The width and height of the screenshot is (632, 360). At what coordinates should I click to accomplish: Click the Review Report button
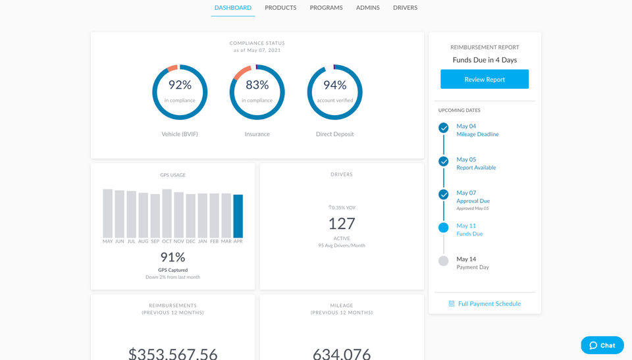tap(485, 80)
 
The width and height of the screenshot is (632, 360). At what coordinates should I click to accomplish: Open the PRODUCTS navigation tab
tap(280, 8)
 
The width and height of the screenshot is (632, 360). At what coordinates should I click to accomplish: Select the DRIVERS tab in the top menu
tap(405, 8)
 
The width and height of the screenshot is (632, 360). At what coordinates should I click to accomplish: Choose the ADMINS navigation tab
tap(367, 8)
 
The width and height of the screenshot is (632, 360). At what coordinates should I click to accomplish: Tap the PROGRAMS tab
tap(326, 8)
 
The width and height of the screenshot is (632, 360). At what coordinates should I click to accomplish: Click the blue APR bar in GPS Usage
tap(238, 216)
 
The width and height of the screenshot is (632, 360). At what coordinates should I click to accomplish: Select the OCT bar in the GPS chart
tap(167, 213)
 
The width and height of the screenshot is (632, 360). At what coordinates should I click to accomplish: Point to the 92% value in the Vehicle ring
tap(180, 85)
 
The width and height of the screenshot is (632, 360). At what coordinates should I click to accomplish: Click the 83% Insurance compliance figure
tap(257, 85)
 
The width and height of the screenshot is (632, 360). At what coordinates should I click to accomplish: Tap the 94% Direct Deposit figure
tap(334, 85)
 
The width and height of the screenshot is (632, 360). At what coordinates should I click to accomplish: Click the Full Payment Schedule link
tap(489, 304)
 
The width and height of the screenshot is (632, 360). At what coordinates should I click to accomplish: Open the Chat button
tap(602, 346)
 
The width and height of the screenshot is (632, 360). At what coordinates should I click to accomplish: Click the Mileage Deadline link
tap(477, 134)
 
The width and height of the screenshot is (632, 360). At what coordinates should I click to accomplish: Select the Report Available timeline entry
tap(476, 168)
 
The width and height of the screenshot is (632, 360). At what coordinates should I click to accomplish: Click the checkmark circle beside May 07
tap(444, 194)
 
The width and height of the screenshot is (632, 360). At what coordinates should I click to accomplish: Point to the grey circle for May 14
tap(444, 261)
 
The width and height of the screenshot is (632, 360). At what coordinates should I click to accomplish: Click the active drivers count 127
tap(342, 223)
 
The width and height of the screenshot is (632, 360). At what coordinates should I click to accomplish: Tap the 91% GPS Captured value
tap(172, 257)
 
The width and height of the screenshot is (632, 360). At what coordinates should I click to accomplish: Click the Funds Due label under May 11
tap(469, 234)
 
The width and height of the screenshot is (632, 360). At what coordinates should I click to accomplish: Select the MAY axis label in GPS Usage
tap(108, 242)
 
